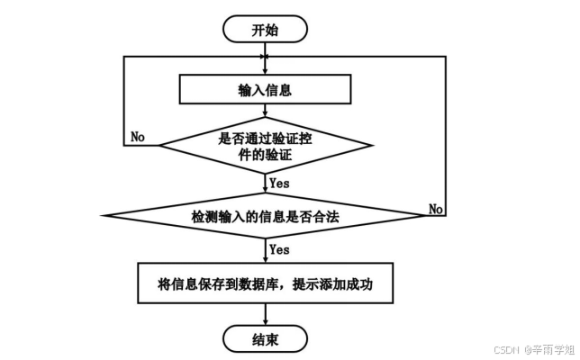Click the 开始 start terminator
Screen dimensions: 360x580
(x=265, y=29)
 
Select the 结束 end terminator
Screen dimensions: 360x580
(x=265, y=339)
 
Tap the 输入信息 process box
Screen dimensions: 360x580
(x=265, y=90)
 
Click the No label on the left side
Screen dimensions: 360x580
(x=139, y=137)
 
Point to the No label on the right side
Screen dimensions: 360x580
(x=435, y=209)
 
